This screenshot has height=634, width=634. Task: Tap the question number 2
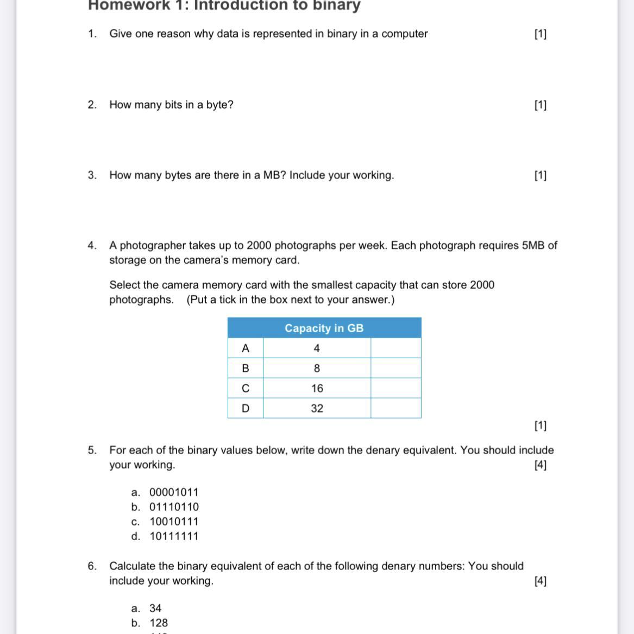pyautogui.click(x=92, y=105)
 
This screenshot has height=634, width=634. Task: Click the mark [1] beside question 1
pyautogui.click(x=540, y=34)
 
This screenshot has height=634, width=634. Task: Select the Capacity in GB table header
pyautogui.click(x=324, y=328)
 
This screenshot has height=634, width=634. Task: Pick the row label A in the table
pyautogui.click(x=246, y=348)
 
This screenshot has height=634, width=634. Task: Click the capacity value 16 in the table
pyautogui.click(x=317, y=389)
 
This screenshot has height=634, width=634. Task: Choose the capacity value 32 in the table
pyautogui.click(x=317, y=409)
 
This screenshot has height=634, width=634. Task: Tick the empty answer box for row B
pyautogui.click(x=396, y=369)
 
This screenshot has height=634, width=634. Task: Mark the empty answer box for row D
pyautogui.click(x=396, y=409)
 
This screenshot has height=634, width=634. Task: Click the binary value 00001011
pyautogui.click(x=174, y=492)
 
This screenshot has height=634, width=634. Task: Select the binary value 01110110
pyautogui.click(x=174, y=507)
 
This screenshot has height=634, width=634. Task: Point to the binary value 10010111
pyautogui.click(x=174, y=522)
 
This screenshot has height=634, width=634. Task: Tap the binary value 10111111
pyautogui.click(x=174, y=536)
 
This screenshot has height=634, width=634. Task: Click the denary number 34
pyautogui.click(x=155, y=608)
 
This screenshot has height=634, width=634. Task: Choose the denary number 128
pyautogui.click(x=159, y=623)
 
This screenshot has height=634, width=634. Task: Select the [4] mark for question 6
pyautogui.click(x=540, y=581)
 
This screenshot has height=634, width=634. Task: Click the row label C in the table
pyautogui.click(x=246, y=389)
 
